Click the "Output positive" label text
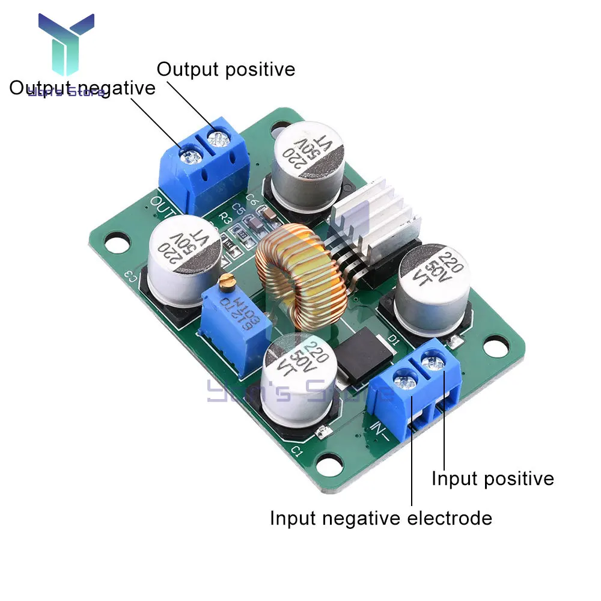226,69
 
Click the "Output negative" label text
82,88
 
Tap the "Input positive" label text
493,478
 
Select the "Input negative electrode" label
380,517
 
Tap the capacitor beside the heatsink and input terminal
432,288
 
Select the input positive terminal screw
431,363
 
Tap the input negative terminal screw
404,380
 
